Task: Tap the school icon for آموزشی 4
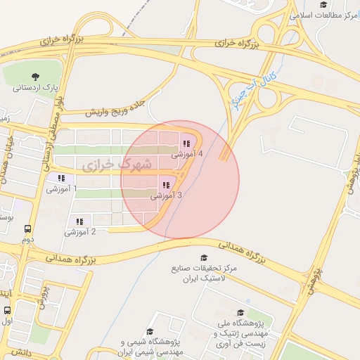pos(186,143)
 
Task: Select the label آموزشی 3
pos(166,196)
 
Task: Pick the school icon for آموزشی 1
pos(61,179)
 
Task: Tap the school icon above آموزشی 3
pos(165,186)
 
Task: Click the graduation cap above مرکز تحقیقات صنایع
pos(204,258)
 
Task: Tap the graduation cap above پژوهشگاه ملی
pos(240,313)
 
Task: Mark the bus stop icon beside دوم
pos(28,229)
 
